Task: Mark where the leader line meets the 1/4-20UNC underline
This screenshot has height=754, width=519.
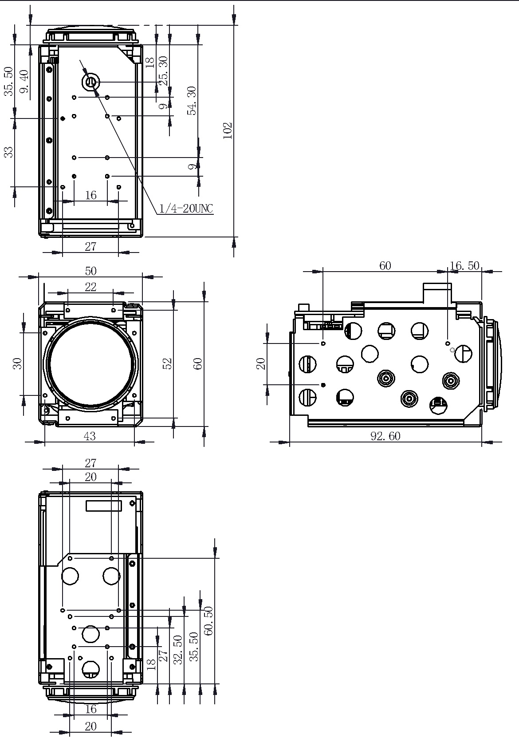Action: tap(157, 214)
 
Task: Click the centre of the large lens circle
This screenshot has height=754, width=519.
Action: tap(91, 363)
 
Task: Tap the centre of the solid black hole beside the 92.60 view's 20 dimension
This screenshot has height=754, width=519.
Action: tap(323, 385)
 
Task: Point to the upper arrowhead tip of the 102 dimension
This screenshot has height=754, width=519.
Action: tap(234, 24)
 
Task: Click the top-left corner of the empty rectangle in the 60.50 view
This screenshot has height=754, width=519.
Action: tap(86, 501)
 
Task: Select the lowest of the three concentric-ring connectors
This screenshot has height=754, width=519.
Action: tap(409, 399)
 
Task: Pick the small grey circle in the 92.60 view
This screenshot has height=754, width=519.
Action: tap(452, 350)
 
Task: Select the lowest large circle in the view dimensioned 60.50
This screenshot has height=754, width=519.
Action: tap(91, 669)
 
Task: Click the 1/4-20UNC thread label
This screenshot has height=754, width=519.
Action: tap(186, 209)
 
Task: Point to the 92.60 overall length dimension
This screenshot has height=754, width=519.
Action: tap(385, 436)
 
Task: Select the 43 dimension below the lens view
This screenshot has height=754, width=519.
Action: tap(90, 436)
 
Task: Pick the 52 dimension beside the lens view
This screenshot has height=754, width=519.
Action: tap(168, 363)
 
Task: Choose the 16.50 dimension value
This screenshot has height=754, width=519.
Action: tap(464, 266)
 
